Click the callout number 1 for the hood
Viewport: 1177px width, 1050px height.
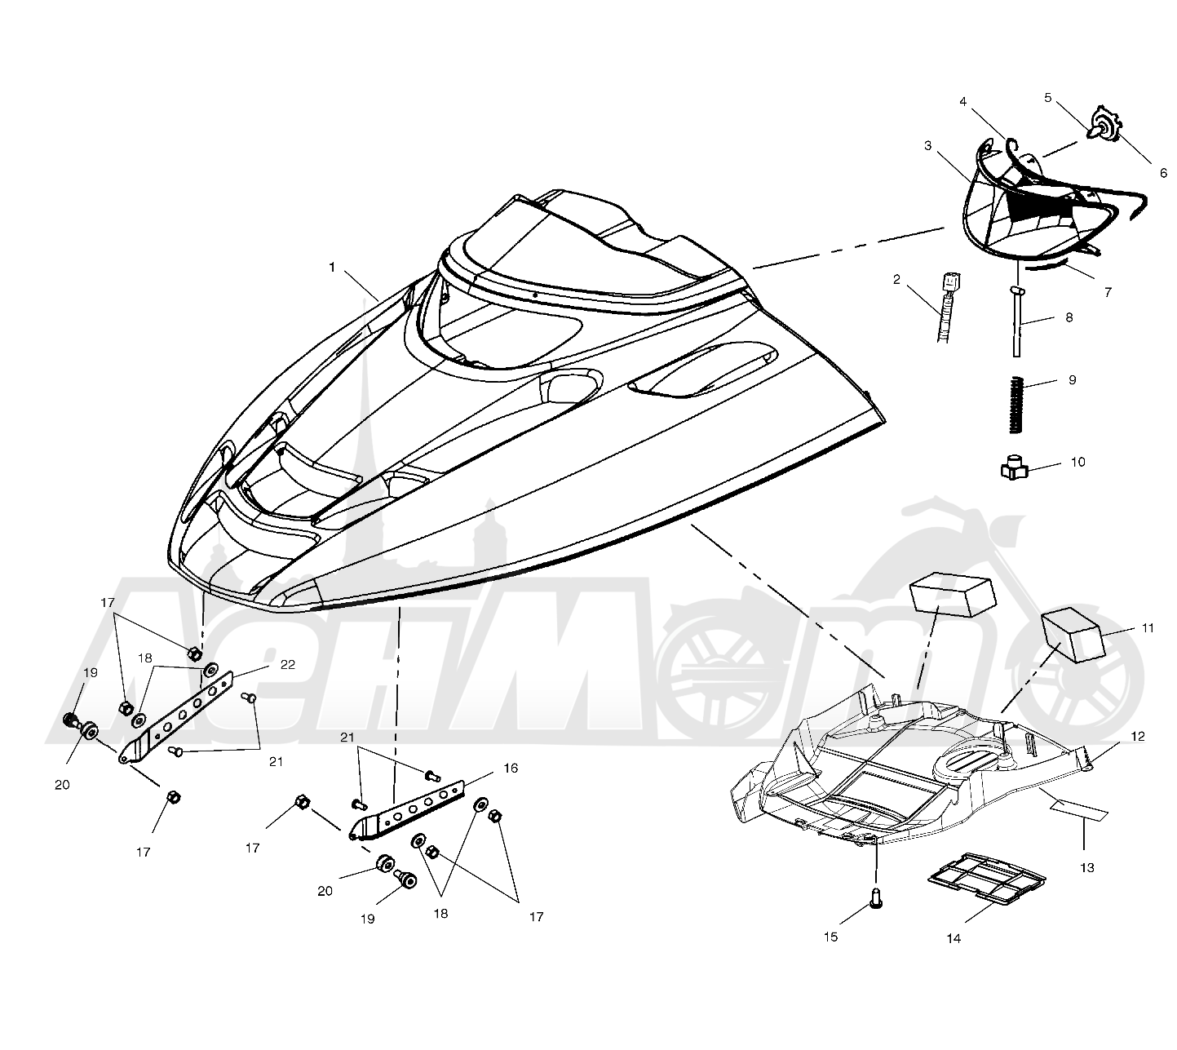coord(332,267)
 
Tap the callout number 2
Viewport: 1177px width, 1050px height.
coord(896,280)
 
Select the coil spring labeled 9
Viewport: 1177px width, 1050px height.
coord(1015,405)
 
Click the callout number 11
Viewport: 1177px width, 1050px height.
coord(1148,628)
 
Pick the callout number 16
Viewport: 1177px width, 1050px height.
coord(511,769)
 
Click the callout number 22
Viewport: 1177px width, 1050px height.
coord(288,665)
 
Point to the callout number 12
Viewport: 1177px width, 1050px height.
coord(1138,736)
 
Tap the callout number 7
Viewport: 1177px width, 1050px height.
coord(1108,292)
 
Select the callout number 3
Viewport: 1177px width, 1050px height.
coord(927,145)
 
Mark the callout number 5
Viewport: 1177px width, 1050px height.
coord(1048,98)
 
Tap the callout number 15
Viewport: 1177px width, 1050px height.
coord(831,937)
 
